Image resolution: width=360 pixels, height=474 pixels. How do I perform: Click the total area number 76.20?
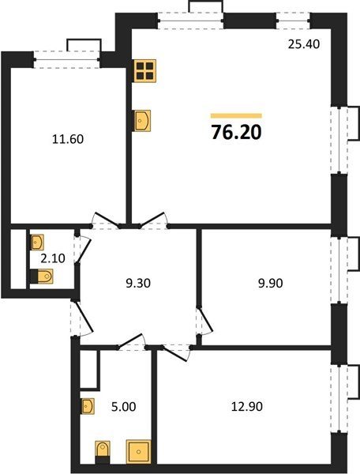pos(236,133)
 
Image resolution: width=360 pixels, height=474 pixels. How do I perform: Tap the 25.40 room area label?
pos(303,44)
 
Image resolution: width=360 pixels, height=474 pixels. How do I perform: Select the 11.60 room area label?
pos(68,139)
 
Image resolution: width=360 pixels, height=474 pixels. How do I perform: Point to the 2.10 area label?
pos(53,258)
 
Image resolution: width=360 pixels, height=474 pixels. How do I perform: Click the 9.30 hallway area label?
pos(138,284)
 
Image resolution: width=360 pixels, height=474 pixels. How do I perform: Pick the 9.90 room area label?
pos(270,284)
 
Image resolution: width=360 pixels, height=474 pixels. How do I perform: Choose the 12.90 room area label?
pos(247,406)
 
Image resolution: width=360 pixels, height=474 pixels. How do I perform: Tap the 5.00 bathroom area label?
pos(123,407)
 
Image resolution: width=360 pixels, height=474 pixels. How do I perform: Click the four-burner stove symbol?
pos(145,71)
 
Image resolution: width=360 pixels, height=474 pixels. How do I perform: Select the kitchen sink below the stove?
pos(142,121)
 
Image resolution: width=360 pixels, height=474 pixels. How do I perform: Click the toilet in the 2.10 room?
pos(43,276)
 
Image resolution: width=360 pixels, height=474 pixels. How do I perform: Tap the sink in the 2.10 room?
pos(37,243)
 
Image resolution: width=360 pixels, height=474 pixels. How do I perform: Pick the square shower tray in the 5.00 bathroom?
pos(138,452)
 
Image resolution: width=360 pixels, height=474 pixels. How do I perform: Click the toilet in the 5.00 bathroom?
pos(103,452)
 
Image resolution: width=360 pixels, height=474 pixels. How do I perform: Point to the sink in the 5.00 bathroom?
pos(88,406)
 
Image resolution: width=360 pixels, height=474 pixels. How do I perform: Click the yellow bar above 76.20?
pos(236,115)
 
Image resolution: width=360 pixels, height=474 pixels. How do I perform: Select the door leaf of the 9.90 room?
pos(206,319)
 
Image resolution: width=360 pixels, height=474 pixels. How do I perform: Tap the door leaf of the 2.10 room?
pos(83,250)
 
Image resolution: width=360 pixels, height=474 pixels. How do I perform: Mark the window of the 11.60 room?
pos(66,60)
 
